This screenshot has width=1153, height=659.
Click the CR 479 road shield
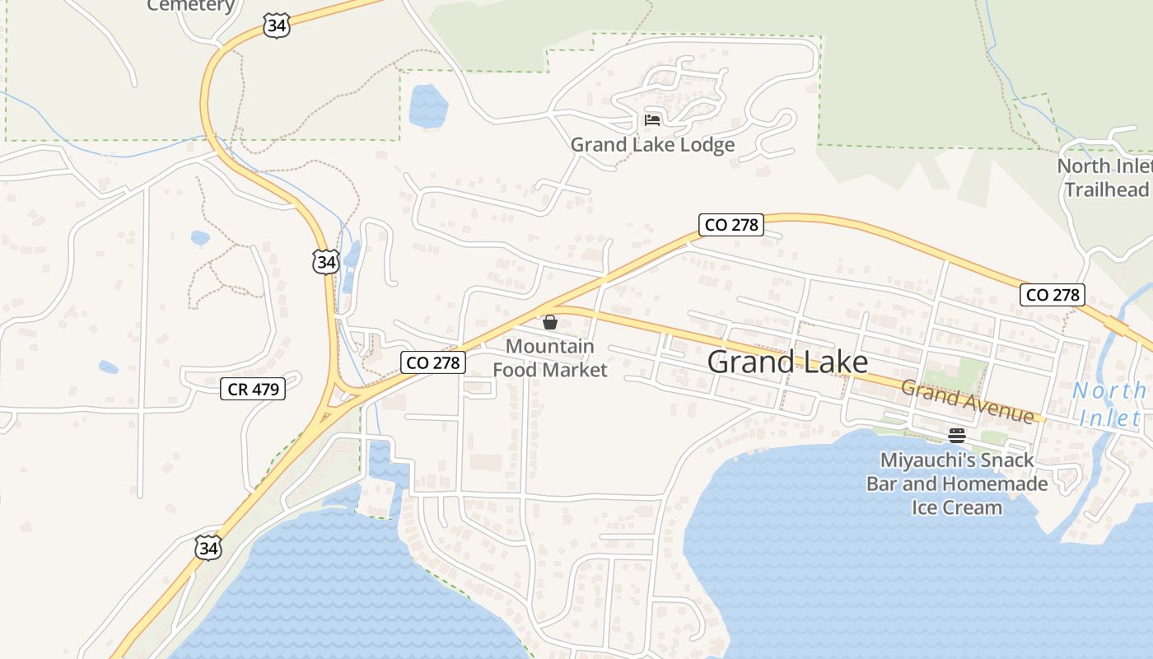253,389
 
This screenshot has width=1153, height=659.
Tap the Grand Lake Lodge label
652,145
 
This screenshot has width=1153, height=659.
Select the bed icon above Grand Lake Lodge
652,120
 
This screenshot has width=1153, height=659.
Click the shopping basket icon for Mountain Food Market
550,322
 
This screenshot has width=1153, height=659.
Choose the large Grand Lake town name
787,362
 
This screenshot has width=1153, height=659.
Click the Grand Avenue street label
967,401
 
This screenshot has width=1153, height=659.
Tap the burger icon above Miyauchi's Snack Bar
957,436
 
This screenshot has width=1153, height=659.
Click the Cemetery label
191,6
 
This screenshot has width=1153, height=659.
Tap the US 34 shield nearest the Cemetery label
277,26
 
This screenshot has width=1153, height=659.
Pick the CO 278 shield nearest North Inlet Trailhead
1053,294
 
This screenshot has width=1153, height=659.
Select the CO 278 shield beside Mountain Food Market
434,362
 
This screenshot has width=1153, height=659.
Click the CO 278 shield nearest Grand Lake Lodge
731,224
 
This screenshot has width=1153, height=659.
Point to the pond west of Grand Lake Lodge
428,105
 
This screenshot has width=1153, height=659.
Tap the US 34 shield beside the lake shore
209,548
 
